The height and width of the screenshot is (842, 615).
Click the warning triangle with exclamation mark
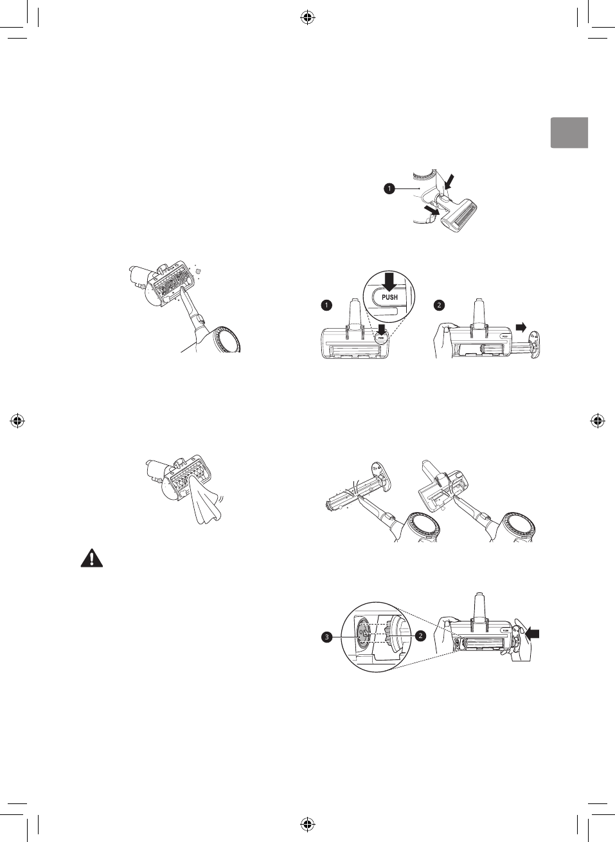point(91,558)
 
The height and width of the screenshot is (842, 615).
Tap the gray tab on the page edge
point(569,133)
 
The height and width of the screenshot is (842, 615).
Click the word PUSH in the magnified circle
point(389,297)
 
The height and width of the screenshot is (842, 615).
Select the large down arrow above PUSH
point(389,280)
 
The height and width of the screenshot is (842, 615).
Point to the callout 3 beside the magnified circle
point(327,637)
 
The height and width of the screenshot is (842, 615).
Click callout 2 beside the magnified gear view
point(420,636)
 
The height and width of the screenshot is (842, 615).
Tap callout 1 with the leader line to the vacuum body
point(389,188)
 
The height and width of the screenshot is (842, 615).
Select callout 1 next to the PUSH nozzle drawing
point(326,306)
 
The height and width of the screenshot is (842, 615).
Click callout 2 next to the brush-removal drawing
point(440,306)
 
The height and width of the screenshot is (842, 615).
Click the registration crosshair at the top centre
point(307,18)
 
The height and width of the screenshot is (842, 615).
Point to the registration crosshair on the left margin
point(18,421)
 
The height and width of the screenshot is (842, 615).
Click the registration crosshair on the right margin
point(597,421)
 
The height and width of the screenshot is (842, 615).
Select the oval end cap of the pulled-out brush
point(533,343)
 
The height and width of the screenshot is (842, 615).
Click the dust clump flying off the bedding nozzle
point(199,271)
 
